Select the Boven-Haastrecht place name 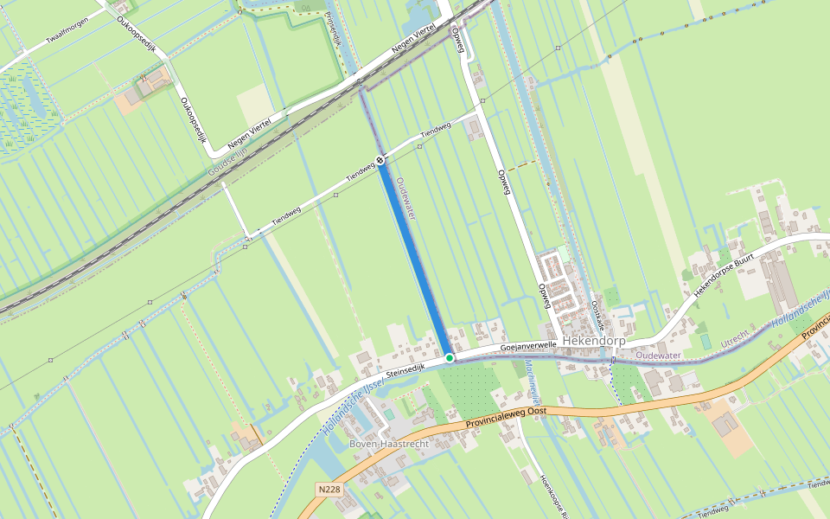[x=389, y=444]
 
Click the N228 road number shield [x=329, y=490]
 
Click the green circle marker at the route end [x=450, y=357]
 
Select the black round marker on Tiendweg [x=380, y=160]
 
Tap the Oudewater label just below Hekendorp [x=658, y=356]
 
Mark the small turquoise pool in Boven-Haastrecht [x=389, y=415]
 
